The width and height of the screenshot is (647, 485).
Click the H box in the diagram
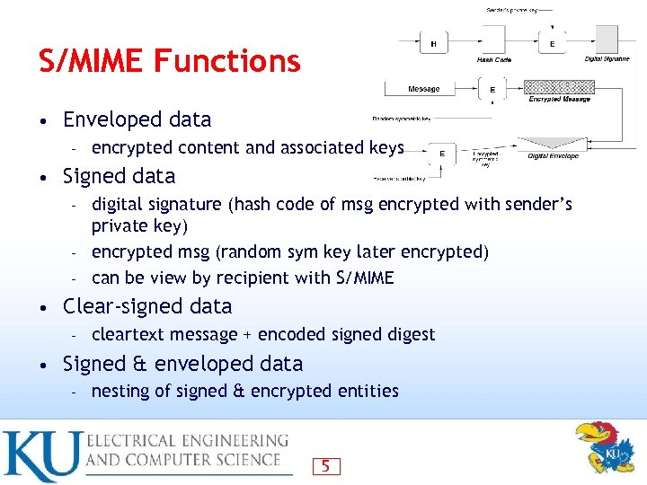tap(435, 43)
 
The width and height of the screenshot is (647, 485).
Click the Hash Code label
tap(493, 59)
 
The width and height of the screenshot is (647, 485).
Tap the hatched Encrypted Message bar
tap(559, 87)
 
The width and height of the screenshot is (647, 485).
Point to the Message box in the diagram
tap(423, 89)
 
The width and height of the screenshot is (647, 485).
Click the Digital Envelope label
tap(553, 155)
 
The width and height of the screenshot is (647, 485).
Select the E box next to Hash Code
tap(552, 43)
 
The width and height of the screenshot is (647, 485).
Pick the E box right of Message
tap(492, 89)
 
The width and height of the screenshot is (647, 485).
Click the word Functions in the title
tap(227, 60)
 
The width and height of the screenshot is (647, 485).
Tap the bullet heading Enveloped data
tap(137, 119)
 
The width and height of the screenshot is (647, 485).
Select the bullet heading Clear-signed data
tap(147, 306)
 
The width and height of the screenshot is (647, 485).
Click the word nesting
tap(120, 391)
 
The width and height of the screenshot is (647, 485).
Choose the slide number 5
tap(325, 465)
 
